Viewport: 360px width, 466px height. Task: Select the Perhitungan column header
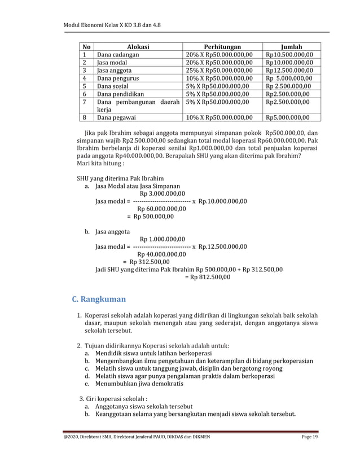[222, 46]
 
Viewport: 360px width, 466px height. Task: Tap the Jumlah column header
[291, 46]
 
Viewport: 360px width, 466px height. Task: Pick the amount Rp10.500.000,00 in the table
[289, 54]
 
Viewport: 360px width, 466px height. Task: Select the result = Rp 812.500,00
[208, 277]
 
